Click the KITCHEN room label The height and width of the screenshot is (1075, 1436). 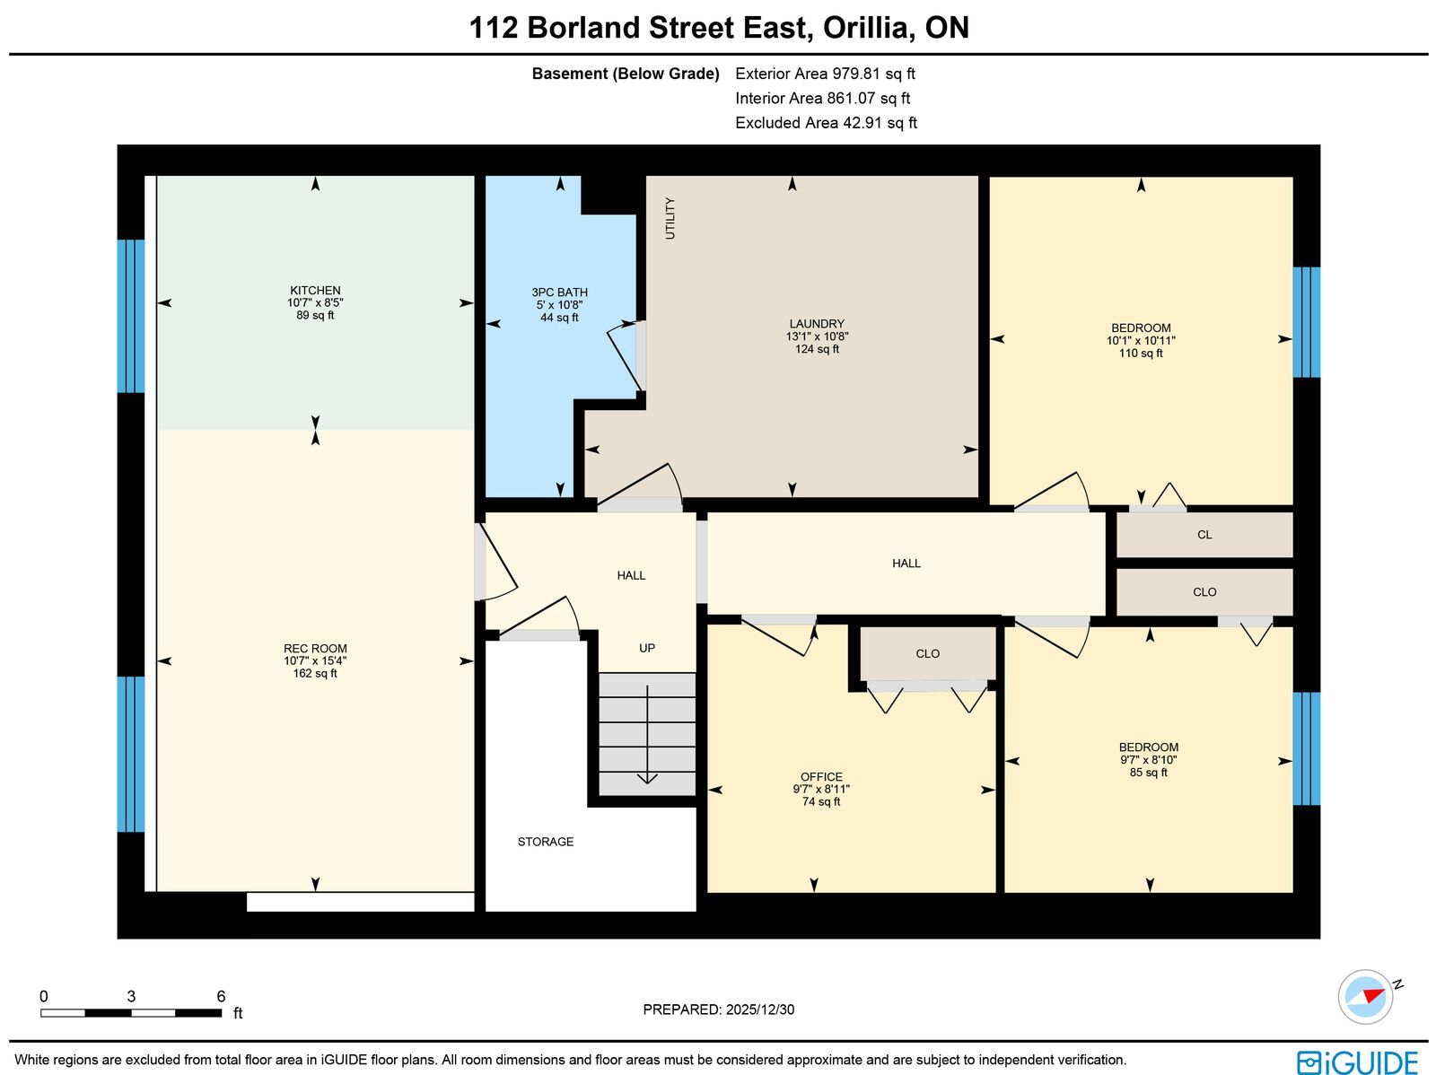315,291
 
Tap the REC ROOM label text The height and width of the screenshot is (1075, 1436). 315,649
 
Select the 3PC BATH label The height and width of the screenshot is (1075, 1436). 559,293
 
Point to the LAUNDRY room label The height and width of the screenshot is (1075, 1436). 817,324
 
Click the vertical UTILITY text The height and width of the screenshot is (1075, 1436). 670,218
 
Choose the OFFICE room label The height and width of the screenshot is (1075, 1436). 822,777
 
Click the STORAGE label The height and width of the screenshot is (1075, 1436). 546,842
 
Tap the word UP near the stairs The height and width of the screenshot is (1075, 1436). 647,648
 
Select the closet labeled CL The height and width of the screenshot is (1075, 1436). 1204,535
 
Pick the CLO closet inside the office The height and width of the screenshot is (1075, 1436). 928,654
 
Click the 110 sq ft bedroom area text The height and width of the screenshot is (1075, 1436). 1141,354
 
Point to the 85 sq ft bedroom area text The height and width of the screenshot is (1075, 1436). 1149,773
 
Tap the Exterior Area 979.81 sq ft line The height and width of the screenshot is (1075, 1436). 825,74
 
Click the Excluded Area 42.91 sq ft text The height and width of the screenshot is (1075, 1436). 827,123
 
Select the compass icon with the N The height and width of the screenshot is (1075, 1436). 1366,997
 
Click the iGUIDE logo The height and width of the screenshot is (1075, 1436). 1358,1062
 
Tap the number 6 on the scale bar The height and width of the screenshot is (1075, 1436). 221,996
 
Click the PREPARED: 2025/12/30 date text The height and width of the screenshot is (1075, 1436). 719,1009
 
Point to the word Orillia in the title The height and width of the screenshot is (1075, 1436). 866,28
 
